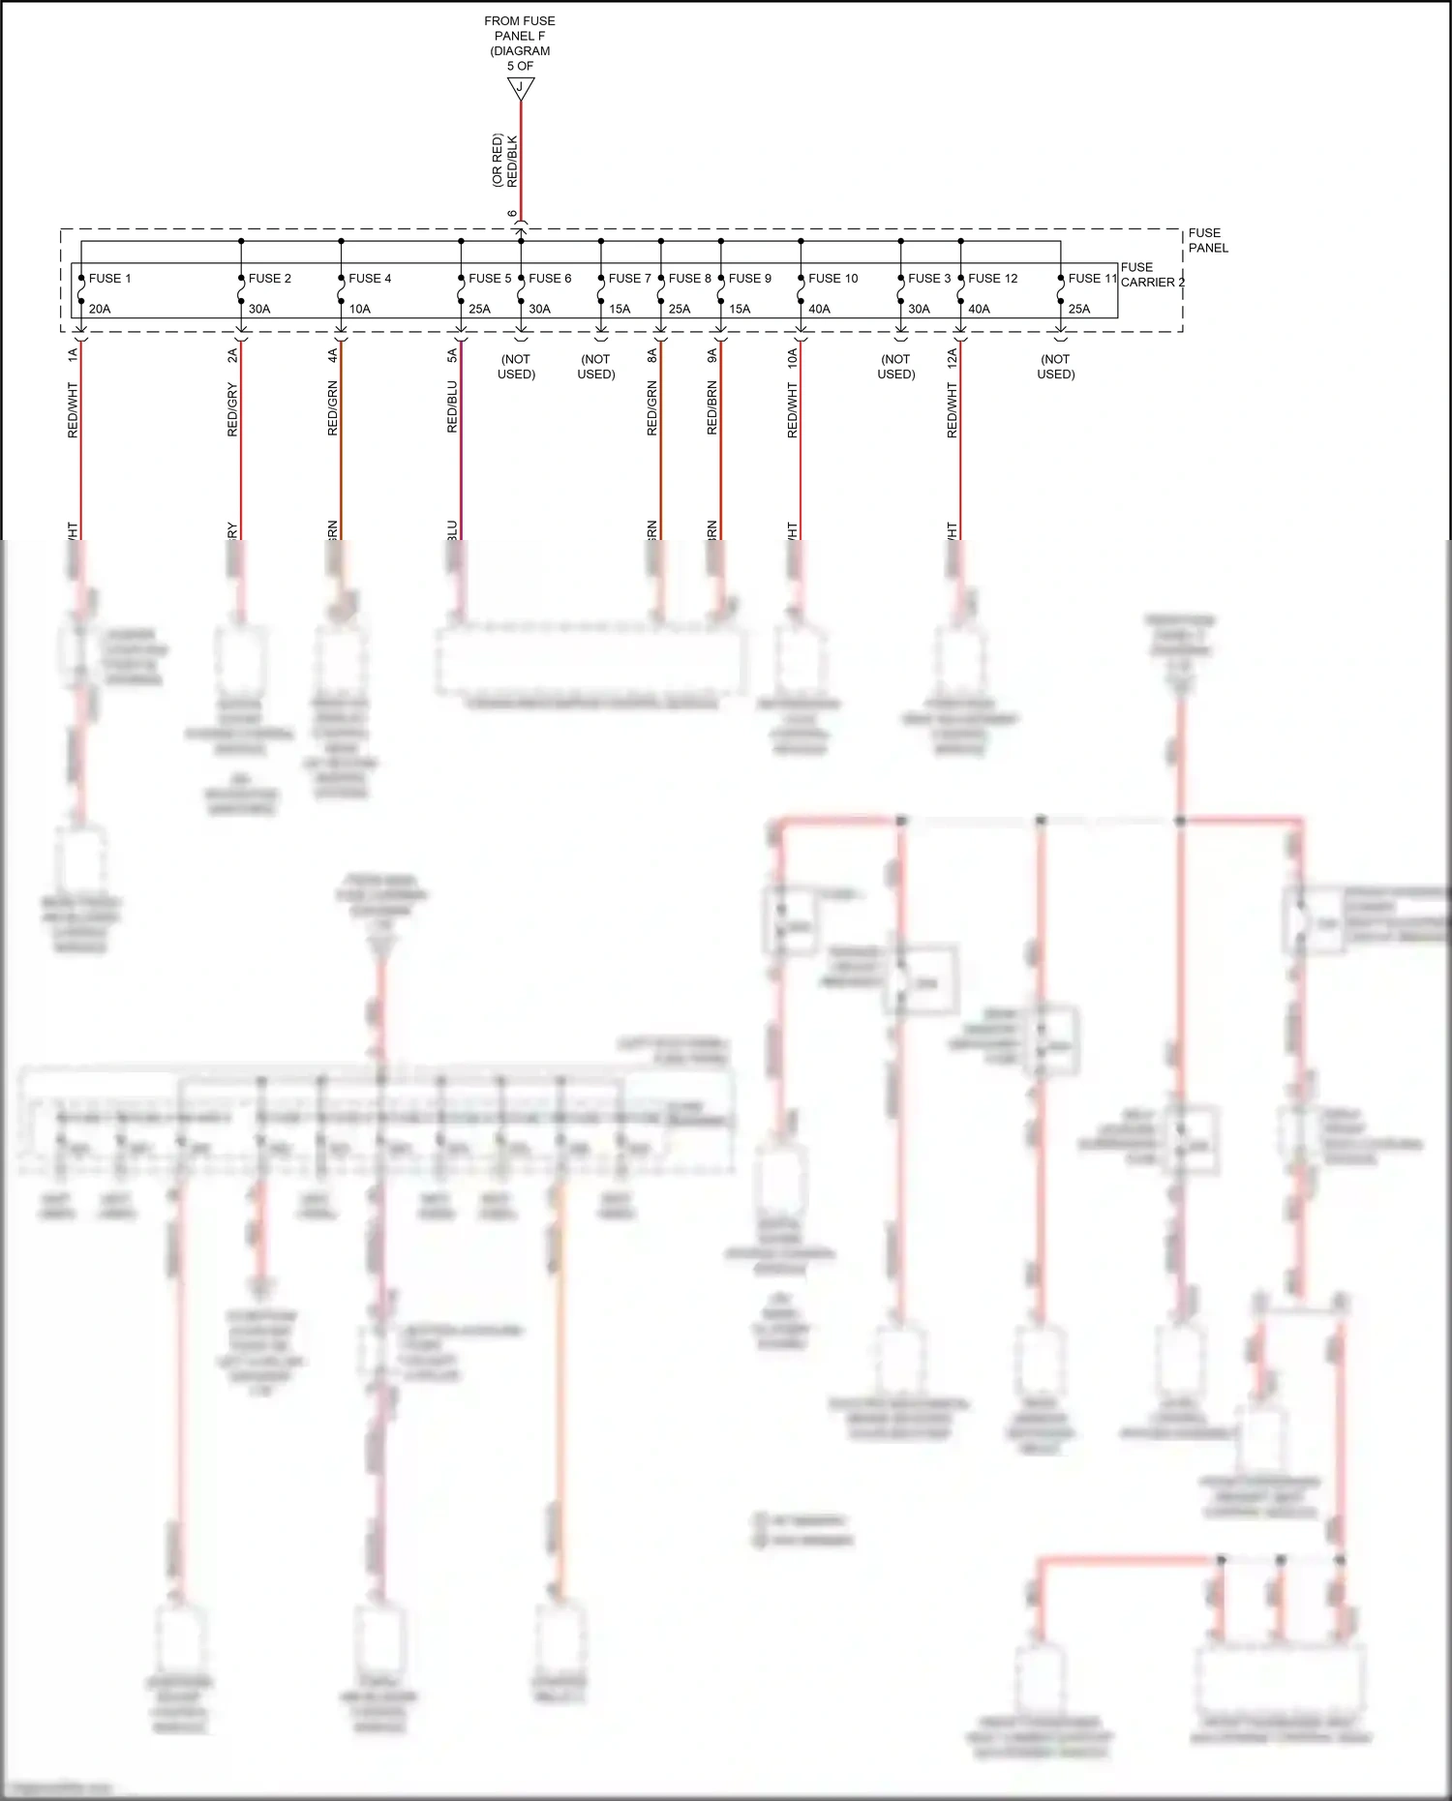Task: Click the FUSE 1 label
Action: (109, 279)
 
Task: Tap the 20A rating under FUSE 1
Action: (100, 310)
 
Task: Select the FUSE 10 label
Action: (832, 279)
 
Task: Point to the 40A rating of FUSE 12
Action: (979, 310)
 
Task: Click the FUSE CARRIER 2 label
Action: (1150, 275)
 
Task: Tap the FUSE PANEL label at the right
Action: (1207, 240)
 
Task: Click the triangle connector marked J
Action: (521, 88)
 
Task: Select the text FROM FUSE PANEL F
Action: (520, 28)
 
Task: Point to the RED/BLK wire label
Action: (513, 162)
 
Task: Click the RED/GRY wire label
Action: (232, 409)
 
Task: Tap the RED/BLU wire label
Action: (452, 406)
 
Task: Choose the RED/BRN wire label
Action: (712, 407)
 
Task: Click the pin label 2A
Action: (232, 356)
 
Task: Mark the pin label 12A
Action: (953, 358)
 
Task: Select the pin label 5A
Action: (452, 356)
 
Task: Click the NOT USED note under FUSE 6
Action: (516, 367)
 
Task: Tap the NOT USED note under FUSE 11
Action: (1056, 367)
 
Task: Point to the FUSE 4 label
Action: (370, 279)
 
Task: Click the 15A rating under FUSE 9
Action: (740, 310)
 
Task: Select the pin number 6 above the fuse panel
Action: (512, 214)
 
